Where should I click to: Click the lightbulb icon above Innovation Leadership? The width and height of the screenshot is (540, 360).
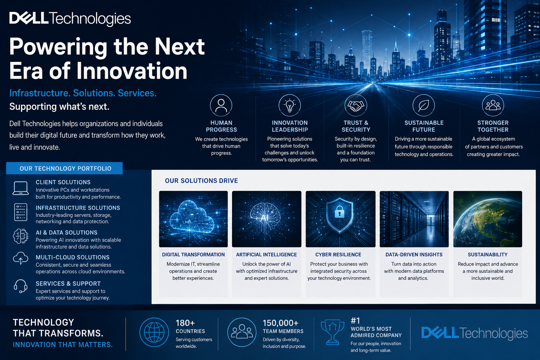[290, 105]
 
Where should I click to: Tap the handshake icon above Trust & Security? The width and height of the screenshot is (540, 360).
[356, 105]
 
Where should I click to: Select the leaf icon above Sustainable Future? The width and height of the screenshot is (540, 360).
[424, 105]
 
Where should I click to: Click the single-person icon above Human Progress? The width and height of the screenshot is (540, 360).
[221, 105]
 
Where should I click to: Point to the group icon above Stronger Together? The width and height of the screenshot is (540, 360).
[493, 105]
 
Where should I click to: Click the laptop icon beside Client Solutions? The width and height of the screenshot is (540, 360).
[21, 188]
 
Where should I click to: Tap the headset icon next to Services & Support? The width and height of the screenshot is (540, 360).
[20, 286]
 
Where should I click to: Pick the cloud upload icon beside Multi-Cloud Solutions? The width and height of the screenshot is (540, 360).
[20, 258]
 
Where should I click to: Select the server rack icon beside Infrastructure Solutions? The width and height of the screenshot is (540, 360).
[21, 212]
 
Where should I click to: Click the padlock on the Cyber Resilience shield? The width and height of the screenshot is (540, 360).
[339, 212]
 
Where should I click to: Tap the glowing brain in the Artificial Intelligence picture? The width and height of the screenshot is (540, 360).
[265, 214]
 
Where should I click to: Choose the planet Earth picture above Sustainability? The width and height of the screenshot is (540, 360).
[488, 219]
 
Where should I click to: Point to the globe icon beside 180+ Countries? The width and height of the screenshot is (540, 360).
[154, 332]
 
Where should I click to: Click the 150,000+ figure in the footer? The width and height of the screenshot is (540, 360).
[280, 323]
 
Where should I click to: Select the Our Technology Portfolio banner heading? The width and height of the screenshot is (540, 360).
[66, 168]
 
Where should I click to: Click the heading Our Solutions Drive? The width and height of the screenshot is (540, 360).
[201, 181]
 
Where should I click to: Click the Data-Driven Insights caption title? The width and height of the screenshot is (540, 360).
[414, 255]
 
